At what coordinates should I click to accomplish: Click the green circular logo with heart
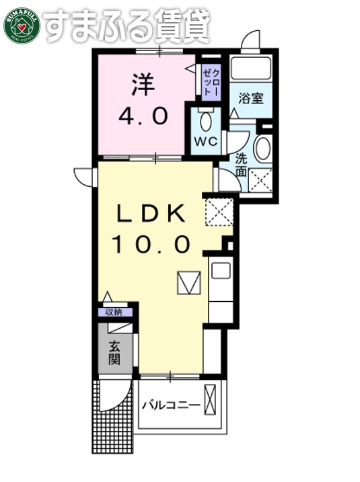[x=22, y=26]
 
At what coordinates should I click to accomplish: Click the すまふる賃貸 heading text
[x=127, y=26]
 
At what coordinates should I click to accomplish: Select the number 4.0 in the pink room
[x=143, y=117]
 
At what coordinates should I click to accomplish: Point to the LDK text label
[x=152, y=215]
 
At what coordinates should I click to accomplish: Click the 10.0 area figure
[x=152, y=245]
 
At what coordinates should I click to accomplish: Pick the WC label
[x=205, y=141]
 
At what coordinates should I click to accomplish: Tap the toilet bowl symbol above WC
[x=205, y=121]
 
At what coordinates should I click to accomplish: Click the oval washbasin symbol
[x=262, y=149]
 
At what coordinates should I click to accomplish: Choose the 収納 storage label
[x=114, y=312]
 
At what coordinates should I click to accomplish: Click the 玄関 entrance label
[x=114, y=353]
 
